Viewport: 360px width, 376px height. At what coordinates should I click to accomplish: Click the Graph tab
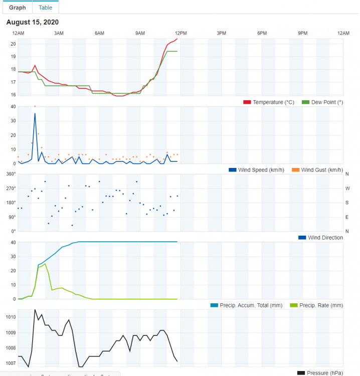pyautogui.click(x=18, y=8)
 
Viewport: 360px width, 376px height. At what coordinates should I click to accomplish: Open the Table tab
pyautogui.click(x=45, y=8)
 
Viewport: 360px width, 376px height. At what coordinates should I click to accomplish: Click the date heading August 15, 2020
pyautogui.click(x=32, y=23)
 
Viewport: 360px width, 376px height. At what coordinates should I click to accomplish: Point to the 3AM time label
pyautogui.click(x=59, y=33)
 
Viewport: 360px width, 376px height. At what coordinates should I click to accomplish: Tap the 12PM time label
pyautogui.click(x=181, y=33)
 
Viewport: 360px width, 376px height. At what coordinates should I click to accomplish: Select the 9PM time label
pyautogui.click(x=303, y=33)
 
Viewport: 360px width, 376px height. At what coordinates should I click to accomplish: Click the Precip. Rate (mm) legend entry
pyautogui.click(x=321, y=305)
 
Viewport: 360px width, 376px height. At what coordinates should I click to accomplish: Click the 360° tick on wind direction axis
pyautogui.click(x=11, y=174)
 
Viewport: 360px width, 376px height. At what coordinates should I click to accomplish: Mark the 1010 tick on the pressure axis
pyautogui.click(x=11, y=317)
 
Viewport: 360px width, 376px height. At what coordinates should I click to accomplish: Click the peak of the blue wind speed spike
pyautogui.click(x=35, y=113)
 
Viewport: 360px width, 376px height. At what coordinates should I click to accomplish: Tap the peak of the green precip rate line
pyautogui.click(x=45, y=264)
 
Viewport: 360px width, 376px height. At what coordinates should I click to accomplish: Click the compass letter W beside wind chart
pyautogui.click(x=347, y=189)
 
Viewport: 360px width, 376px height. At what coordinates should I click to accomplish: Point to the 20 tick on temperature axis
pyautogui.click(x=13, y=44)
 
